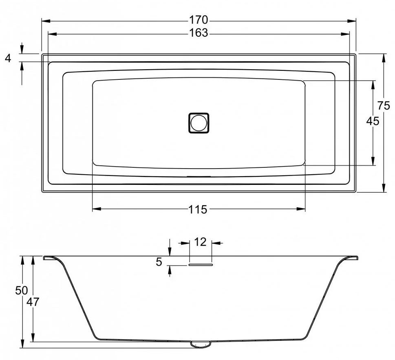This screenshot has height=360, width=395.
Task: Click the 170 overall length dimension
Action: point(199,20)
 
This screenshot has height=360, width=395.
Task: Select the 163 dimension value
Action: point(199,33)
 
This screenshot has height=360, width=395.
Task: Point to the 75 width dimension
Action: point(384,105)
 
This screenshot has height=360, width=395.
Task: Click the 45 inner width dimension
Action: point(373,121)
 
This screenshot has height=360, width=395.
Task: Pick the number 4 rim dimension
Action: point(8,58)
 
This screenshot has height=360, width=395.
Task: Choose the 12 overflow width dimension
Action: point(200,242)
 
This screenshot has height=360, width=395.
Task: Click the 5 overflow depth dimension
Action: point(159,262)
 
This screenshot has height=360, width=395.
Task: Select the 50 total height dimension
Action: point(22,290)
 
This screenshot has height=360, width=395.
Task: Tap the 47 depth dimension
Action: point(33,302)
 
